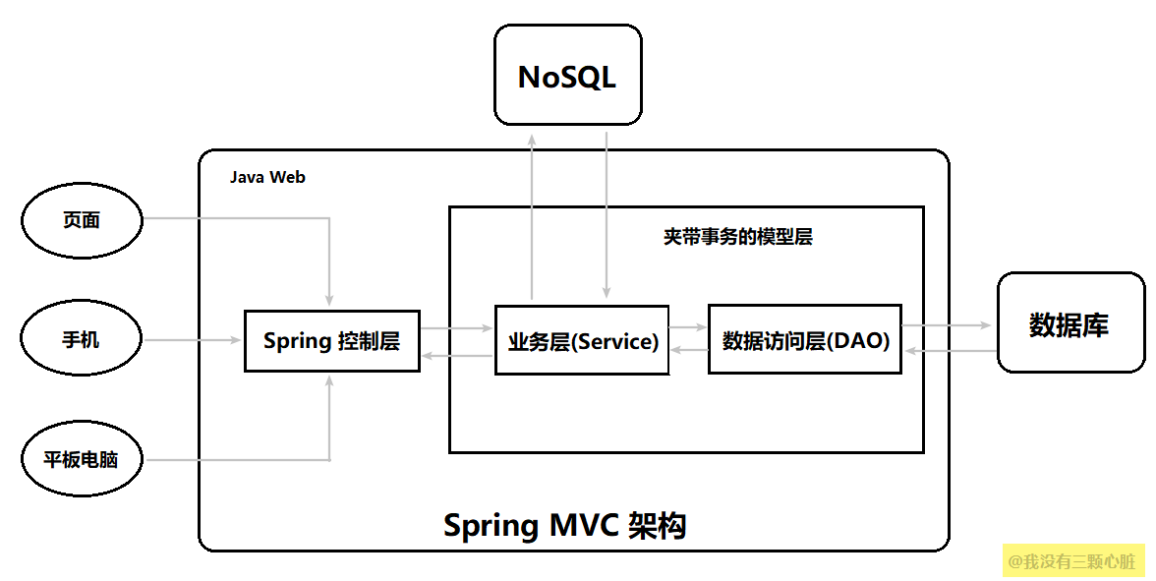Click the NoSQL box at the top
(x=567, y=76)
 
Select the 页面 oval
(x=82, y=220)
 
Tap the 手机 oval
(x=82, y=340)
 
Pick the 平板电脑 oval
(x=82, y=459)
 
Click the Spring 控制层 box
(x=331, y=341)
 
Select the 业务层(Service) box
(x=582, y=341)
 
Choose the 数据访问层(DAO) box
(x=804, y=340)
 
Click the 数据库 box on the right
(x=1069, y=324)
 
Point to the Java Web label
(x=267, y=178)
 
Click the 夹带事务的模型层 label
(x=737, y=237)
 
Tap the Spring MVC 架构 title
(x=564, y=525)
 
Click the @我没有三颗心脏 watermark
(x=1072, y=560)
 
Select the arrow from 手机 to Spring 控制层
(x=193, y=340)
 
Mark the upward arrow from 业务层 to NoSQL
(x=532, y=216)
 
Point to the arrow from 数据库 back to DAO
(x=949, y=351)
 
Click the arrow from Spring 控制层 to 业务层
(x=457, y=327)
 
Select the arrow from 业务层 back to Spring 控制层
(x=457, y=356)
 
